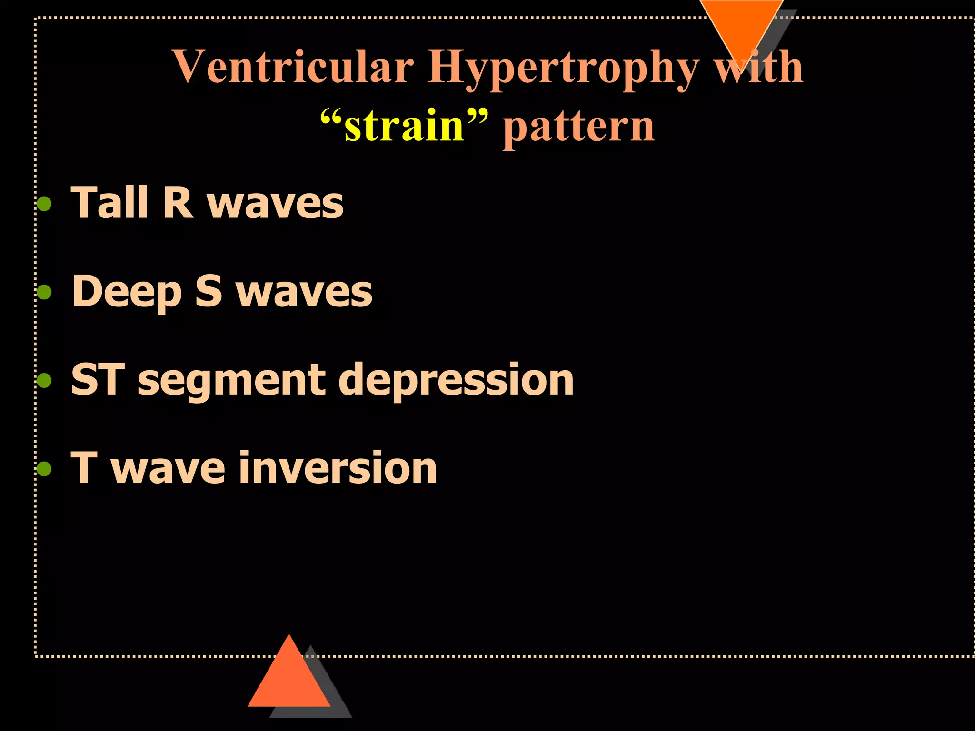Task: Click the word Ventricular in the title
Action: tap(293, 67)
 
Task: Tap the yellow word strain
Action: tap(404, 126)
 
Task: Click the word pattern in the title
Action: tap(578, 128)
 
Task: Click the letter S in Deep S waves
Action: tap(209, 291)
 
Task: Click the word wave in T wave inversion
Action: tap(168, 469)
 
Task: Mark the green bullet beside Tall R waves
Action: tap(44, 204)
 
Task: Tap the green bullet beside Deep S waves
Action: tap(44, 292)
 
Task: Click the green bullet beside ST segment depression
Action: tap(44, 380)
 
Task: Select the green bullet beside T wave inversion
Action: tap(44, 469)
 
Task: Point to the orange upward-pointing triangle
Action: tap(289, 678)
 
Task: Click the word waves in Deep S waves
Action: tap(304, 292)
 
